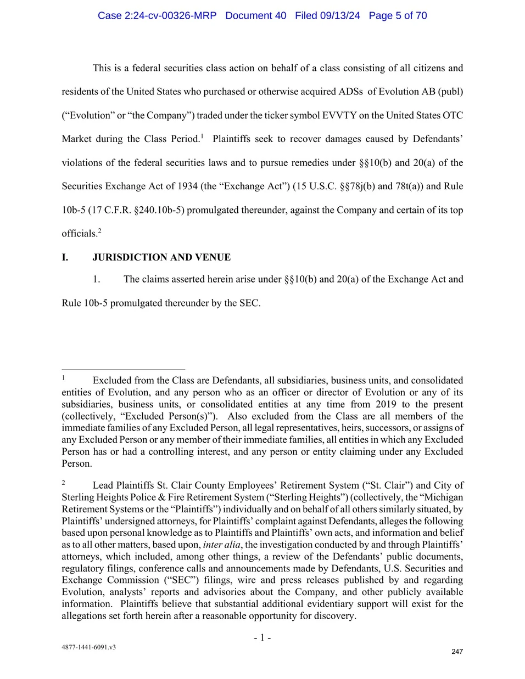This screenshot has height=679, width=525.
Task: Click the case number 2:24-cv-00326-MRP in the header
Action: point(157,15)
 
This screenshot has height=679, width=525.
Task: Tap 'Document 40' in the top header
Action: point(256,15)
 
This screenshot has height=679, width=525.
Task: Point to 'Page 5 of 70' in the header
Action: point(398,15)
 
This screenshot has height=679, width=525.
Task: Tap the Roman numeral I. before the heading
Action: point(65,257)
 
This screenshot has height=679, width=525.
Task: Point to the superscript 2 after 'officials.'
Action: point(99,230)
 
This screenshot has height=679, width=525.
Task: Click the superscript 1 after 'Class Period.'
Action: point(202,135)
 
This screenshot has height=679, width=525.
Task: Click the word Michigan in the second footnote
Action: point(443,497)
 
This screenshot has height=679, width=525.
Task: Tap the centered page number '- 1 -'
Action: point(262,637)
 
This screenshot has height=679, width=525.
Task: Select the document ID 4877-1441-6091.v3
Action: point(88,647)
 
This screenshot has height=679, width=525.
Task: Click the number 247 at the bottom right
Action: point(457,652)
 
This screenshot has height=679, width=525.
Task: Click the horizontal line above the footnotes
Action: point(123,370)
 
